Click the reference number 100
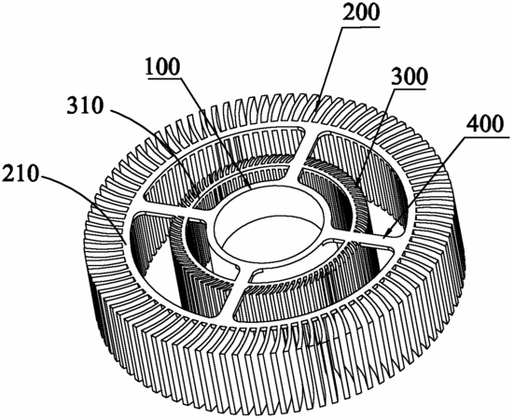[163, 67]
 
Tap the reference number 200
[361, 14]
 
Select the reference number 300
[410, 77]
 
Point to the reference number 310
[85, 105]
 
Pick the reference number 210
[21, 173]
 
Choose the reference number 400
[484, 124]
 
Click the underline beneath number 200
[361, 28]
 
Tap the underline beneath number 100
[163, 78]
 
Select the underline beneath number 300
[410, 89]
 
